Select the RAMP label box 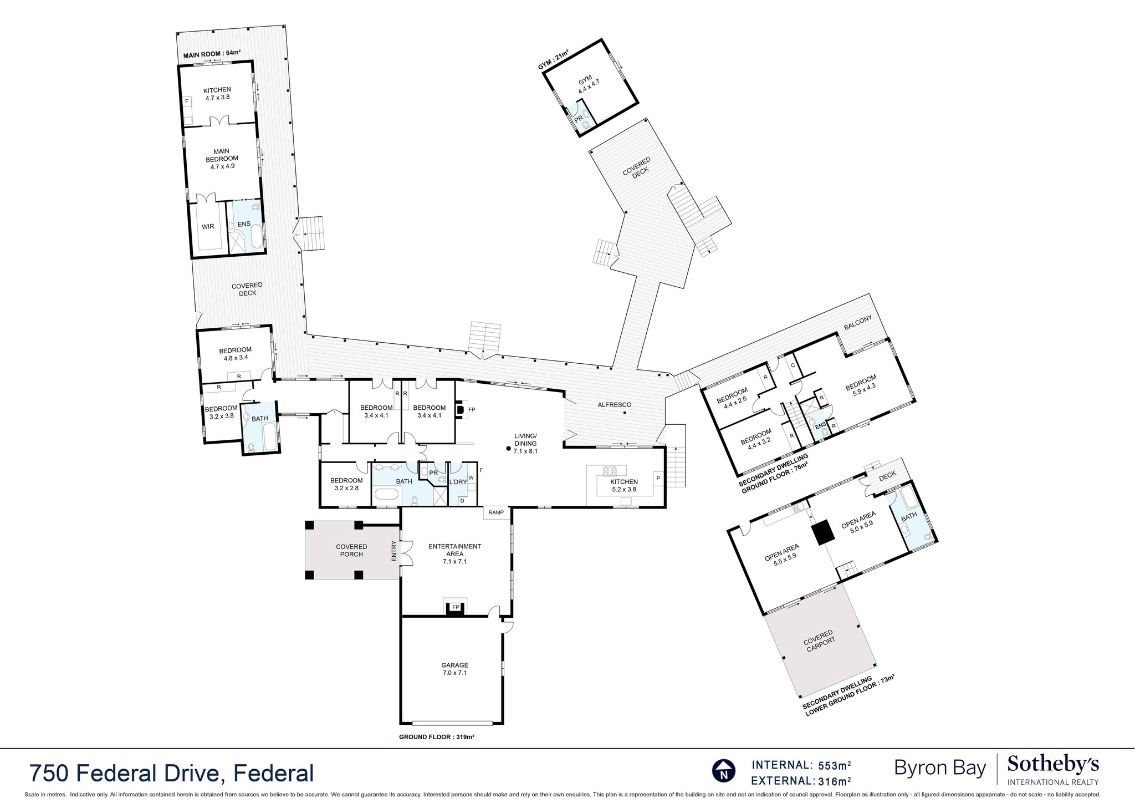tap(496, 512)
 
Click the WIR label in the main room tap(208, 226)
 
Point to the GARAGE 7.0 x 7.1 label tap(454, 669)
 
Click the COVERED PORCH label tap(351, 550)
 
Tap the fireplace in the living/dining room tap(459, 410)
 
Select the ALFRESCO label tap(613, 404)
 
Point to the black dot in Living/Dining tap(508, 449)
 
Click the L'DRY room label tap(458, 482)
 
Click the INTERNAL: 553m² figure tap(801, 765)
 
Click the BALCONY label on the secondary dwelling tap(858, 323)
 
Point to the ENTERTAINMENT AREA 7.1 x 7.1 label tap(454, 553)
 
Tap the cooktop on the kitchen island tap(610, 471)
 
